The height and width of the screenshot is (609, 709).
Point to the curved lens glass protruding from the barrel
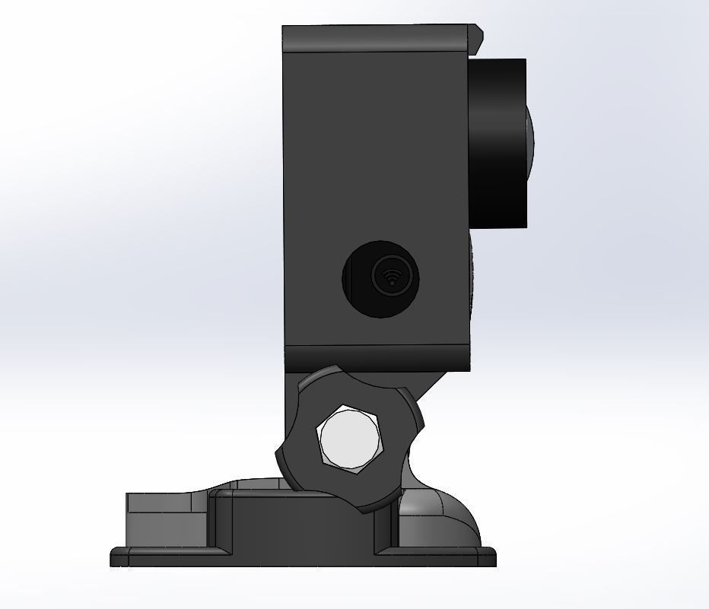pos(529,129)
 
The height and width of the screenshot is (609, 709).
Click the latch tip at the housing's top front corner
pos(477,33)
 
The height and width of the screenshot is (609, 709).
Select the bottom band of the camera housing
pos(377,358)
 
